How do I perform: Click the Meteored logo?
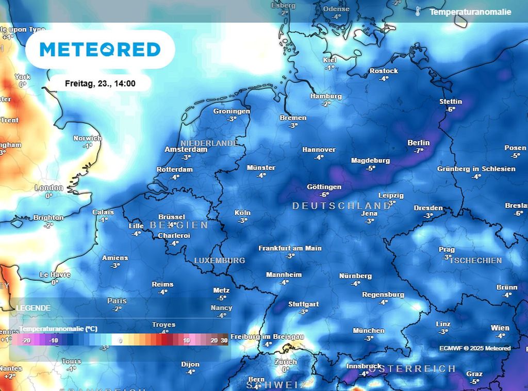(100, 50)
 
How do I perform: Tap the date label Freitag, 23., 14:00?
(100, 83)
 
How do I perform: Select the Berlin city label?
(418, 142)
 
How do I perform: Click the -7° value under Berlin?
(418, 151)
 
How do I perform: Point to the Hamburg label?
(326, 96)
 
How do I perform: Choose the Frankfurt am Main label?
(290, 248)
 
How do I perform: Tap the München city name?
(368, 331)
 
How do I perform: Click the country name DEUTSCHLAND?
(341, 206)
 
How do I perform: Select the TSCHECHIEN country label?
(475, 260)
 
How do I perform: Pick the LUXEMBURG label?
(220, 260)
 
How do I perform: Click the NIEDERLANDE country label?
(209, 143)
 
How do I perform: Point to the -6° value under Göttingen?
(324, 195)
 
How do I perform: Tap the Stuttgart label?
(303, 304)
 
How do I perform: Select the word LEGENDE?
(34, 308)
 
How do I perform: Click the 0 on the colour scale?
(120, 340)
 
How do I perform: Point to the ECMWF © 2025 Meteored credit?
(475, 348)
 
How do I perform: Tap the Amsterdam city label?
(186, 150)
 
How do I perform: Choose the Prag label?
(447, 250)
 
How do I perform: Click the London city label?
(49, 188)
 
